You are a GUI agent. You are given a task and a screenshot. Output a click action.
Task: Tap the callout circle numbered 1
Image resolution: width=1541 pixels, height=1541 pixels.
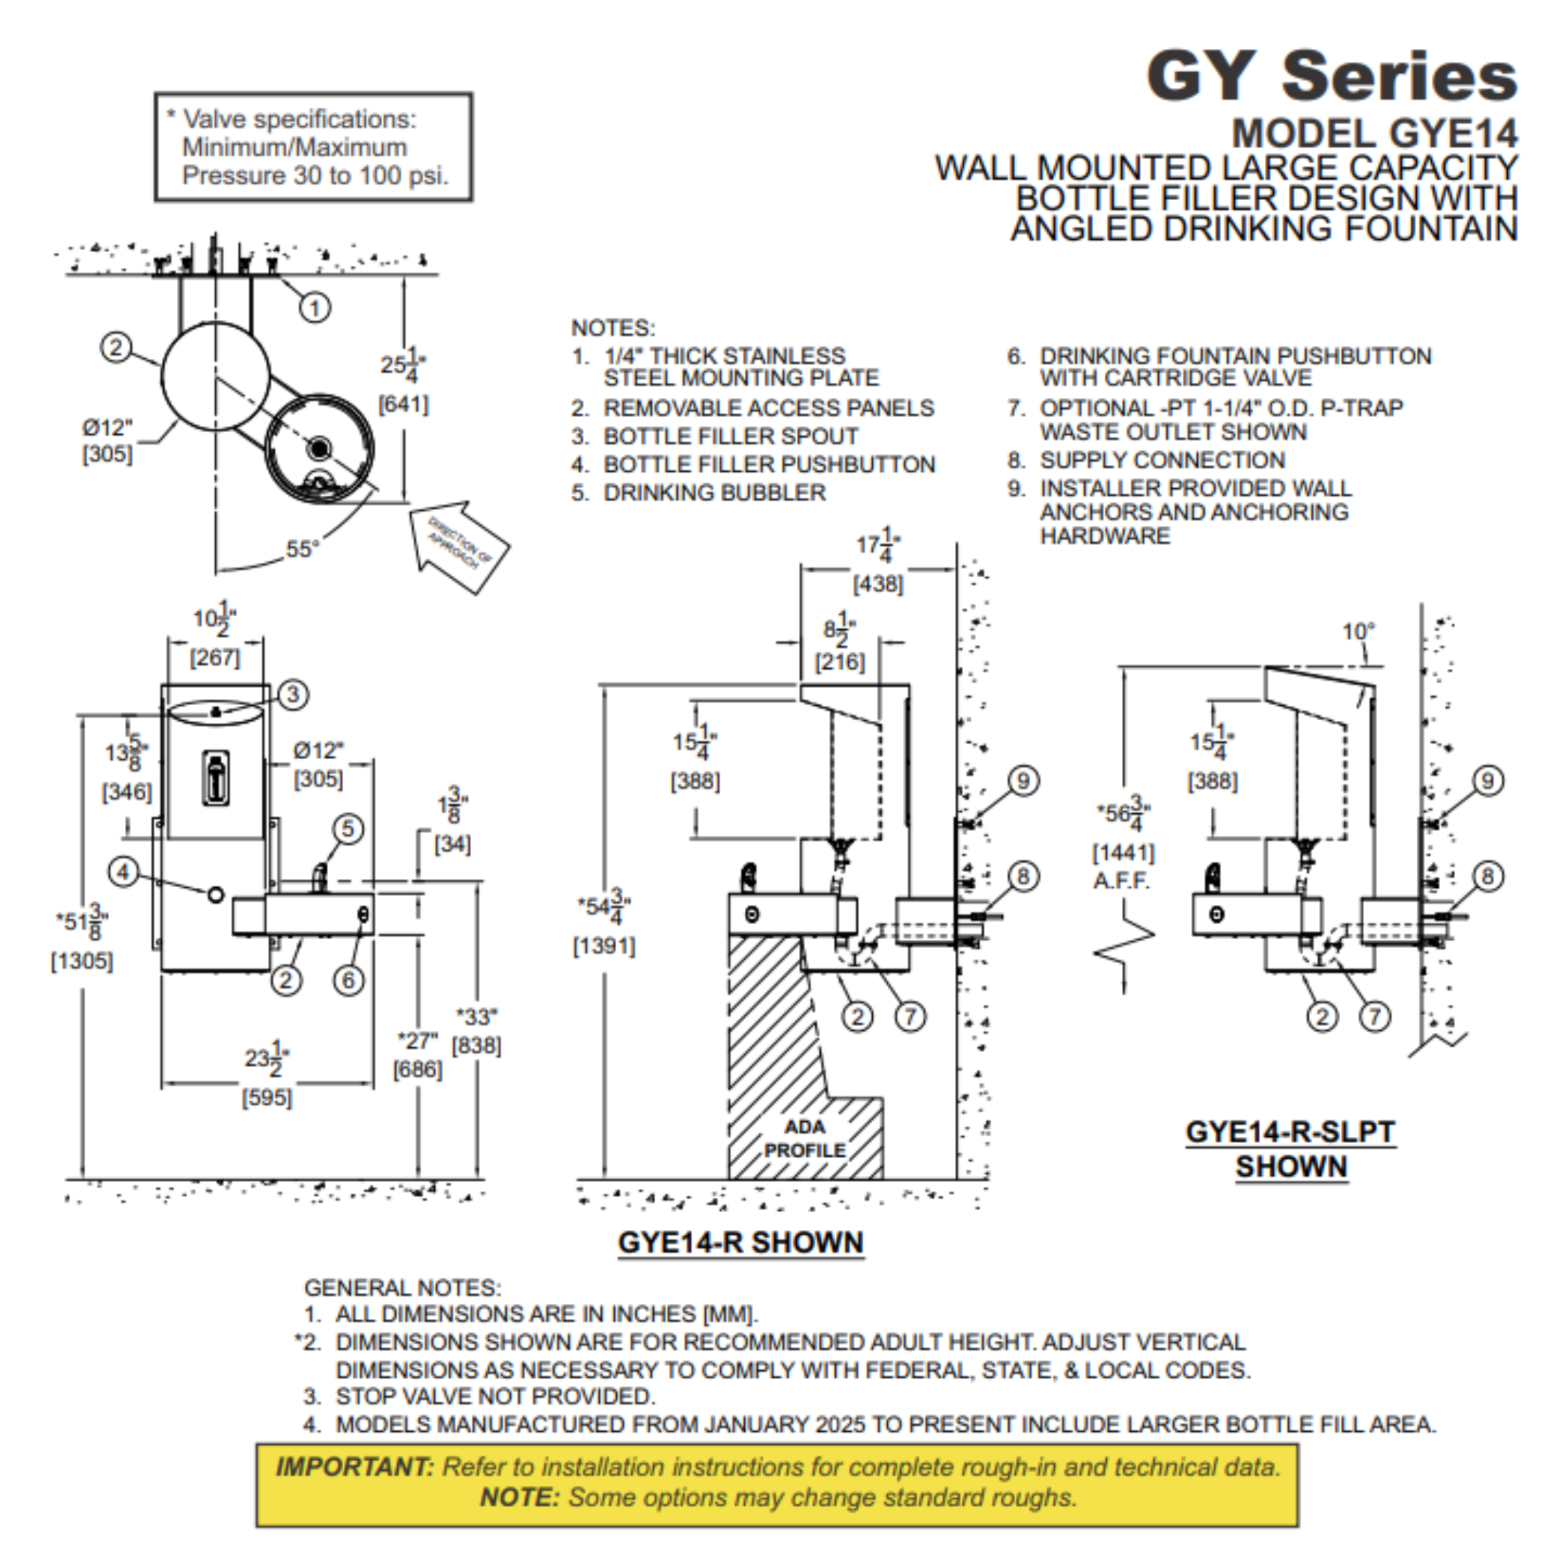click(315, 307)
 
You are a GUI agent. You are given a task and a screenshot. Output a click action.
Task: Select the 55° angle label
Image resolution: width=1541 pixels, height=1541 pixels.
click(302, 549)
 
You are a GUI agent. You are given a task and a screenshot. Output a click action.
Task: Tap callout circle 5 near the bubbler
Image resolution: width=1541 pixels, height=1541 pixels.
click(348, 828)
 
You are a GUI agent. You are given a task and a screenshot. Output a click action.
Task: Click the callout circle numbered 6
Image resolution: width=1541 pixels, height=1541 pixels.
click(348, 980)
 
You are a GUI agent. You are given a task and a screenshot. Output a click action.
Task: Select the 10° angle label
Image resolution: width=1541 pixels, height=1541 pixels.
click(1357, 632)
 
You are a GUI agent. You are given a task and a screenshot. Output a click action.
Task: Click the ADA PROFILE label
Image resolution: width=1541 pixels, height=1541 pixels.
click(804, 1138)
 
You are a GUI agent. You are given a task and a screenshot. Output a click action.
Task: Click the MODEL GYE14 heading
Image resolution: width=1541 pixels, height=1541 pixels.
click(1373, 133)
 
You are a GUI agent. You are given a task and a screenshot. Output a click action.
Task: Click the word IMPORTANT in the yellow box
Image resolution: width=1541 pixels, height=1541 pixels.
click(354, 1466)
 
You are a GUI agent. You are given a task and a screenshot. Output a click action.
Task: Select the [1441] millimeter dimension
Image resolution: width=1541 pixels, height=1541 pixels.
click(1123, 853)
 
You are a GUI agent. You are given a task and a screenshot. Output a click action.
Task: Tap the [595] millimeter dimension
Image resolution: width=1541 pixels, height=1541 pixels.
click(267, 1098)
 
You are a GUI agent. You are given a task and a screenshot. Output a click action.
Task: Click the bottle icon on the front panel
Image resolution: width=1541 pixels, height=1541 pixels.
click(215, 778)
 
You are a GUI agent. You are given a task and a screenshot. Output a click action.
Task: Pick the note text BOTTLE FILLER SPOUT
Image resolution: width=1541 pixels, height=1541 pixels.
click(730, 436)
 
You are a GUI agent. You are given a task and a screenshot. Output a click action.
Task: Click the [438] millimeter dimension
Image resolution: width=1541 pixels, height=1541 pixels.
click(878, 584)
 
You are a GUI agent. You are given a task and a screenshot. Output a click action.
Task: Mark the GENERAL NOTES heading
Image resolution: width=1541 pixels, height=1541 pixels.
click(402, 1287)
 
